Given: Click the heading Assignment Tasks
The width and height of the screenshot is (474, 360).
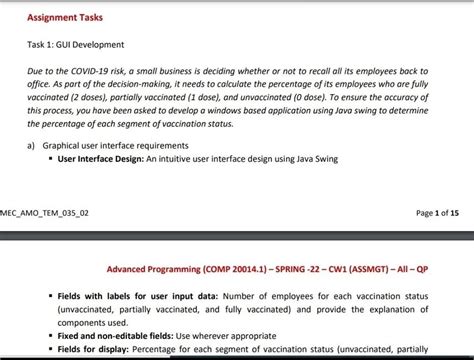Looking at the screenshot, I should (x=64, y=17).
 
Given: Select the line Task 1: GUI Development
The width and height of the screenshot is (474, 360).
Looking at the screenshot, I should (x=75, y=45).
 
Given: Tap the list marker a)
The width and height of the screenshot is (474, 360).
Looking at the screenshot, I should (x=31, y=145).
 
